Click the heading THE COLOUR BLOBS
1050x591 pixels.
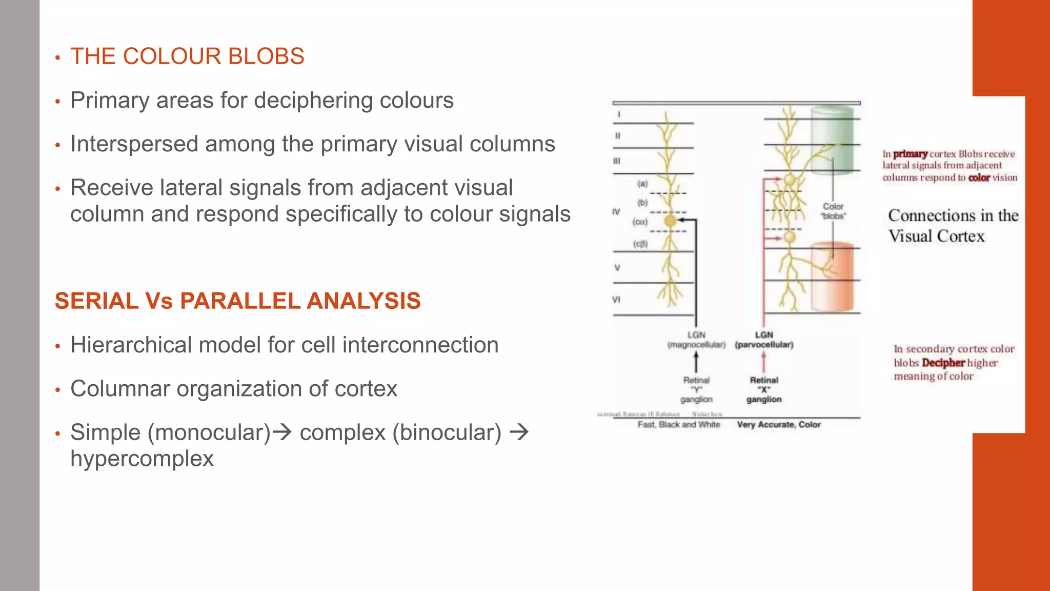187,56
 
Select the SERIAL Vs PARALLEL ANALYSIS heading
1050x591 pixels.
237,301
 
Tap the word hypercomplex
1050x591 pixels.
142,459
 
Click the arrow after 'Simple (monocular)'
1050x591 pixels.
282,432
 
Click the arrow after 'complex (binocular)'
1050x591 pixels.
519,432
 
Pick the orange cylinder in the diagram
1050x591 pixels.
832,277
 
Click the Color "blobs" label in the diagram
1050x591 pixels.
833,211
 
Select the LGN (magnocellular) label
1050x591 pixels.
696,340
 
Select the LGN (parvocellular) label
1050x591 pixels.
764,340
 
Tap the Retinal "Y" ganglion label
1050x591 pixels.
696,389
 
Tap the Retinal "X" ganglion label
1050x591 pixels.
764,389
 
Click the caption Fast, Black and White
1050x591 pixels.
679,425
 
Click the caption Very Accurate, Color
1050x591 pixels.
779,425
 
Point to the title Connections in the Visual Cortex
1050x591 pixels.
953,226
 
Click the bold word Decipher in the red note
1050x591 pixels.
943,363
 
